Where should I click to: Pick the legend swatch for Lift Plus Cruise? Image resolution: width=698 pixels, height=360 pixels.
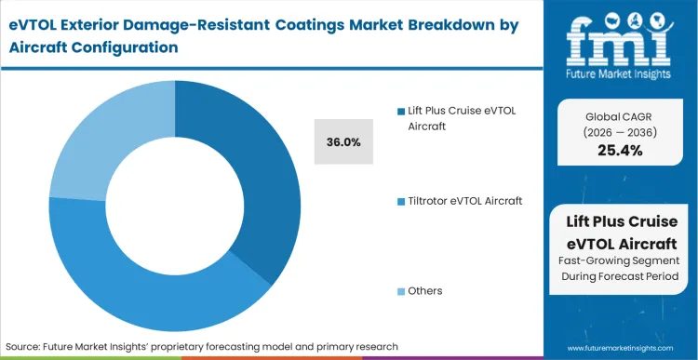coord(401,110)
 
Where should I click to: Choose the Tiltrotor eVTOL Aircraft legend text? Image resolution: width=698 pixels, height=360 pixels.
coord(465,201)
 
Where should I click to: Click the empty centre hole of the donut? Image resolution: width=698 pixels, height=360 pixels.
coord(174,186)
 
